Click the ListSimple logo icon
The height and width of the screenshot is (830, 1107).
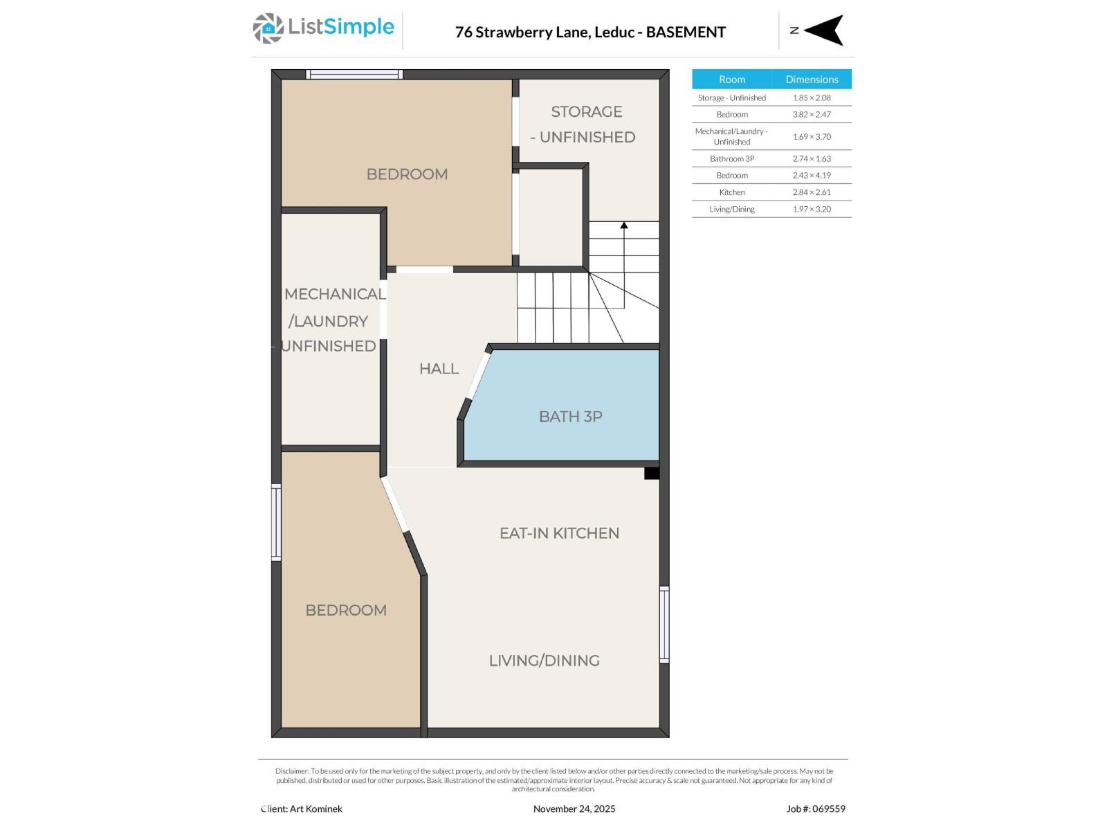tap(268, 28)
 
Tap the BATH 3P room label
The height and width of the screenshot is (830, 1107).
tap(570, 416)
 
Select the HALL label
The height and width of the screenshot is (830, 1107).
tap(439, 369)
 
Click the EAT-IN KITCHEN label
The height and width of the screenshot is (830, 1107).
tap(559, 533)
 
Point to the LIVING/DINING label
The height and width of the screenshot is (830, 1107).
tap(544, 661)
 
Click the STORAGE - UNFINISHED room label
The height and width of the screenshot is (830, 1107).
tap(585, 124)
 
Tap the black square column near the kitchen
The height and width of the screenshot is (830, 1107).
tap(651, 473)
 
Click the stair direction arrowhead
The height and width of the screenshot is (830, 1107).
tap(624, 225)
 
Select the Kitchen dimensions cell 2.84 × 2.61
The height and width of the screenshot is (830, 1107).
tap(812, 192)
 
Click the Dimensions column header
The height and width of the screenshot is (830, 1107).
tap(812, 80)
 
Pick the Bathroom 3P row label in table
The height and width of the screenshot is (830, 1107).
tap(732, 159)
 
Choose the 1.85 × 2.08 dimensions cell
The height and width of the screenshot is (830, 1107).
tap(812, 98)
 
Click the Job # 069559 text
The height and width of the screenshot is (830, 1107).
tap(816, 809)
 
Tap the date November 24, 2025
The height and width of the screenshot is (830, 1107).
tap(574, 809)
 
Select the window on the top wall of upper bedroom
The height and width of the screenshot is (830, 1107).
tap(354, 74)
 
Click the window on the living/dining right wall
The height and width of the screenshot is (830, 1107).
tap(664, 625)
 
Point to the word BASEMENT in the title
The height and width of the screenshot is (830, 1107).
tap(686, 32)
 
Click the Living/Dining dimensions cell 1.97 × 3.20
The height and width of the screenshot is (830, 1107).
tap(812, 209)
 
